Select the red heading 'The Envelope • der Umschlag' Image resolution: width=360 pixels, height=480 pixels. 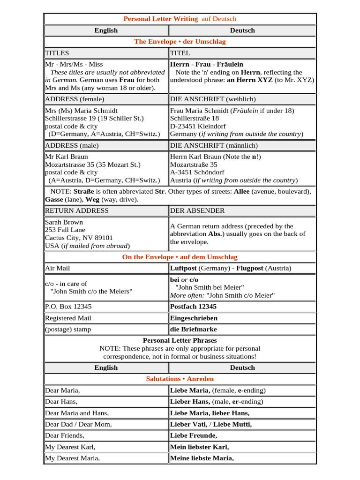click(180, 42)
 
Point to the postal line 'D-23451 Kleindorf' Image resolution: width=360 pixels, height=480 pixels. click(198, 127)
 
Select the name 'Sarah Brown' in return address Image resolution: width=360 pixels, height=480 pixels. click(64, 222)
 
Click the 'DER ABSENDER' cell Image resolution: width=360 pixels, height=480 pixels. click(197, 210)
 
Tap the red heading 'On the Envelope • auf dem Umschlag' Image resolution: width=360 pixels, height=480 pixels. click(180, 257)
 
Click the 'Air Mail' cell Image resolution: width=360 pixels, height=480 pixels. click(58, 269)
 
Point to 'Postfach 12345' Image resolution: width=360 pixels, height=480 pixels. click(193, 307)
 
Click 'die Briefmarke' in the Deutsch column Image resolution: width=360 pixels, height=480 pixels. click(193, 329)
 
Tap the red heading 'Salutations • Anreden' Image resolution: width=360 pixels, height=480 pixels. click(180, 379)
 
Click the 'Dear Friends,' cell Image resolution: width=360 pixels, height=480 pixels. click(65, 435)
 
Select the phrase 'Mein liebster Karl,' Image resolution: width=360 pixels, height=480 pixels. click(199, 447)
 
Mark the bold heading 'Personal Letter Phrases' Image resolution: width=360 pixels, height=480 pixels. click(180, 340)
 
